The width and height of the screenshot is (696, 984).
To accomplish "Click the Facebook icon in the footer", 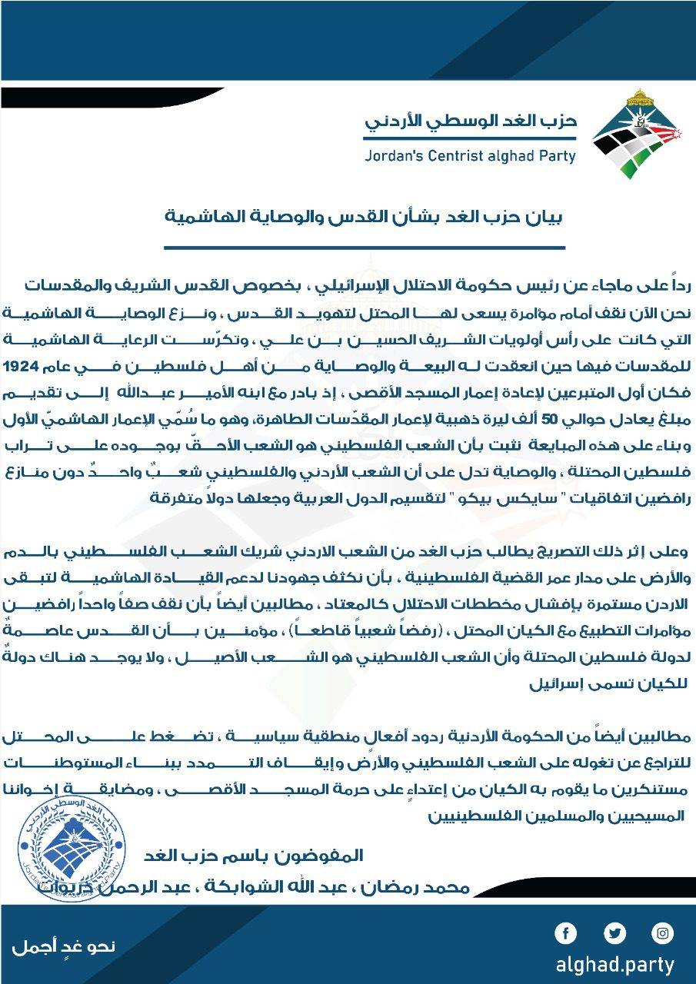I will click(x=566, y=934).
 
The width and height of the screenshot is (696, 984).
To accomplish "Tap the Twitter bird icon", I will click(x=614, y=934).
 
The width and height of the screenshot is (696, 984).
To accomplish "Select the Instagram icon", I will click(x=662, y=934).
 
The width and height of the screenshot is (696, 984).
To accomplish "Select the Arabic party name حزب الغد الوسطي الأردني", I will click(x=470, y=121).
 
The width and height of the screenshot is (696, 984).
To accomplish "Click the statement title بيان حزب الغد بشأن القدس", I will click(x=365, y=218).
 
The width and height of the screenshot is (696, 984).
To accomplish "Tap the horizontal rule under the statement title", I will click(x=365, y=248).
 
